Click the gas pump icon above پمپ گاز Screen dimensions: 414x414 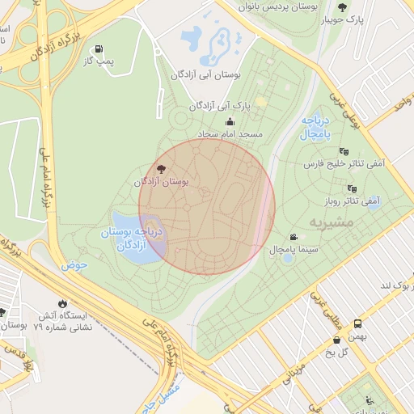(x=99, y=49)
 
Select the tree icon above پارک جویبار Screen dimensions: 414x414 (x=342, y=6)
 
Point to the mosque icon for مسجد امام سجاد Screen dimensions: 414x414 (x=230, y=122)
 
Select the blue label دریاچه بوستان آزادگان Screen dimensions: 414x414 (x=132, y=239)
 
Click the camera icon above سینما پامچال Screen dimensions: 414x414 (x=292, y=237)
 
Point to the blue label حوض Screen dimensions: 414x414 (x=73, y=264)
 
